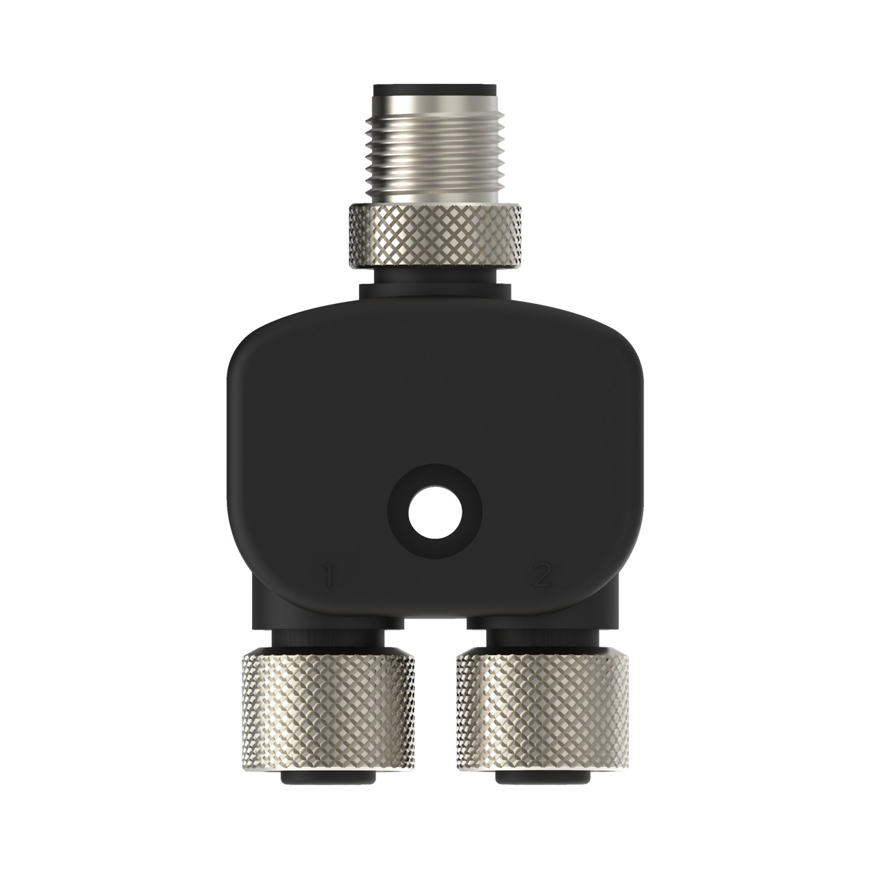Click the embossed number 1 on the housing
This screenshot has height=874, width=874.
tap(330, 576)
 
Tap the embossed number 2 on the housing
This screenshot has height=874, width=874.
tap(542, 576)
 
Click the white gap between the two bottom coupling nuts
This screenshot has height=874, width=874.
tap(436, 696)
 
